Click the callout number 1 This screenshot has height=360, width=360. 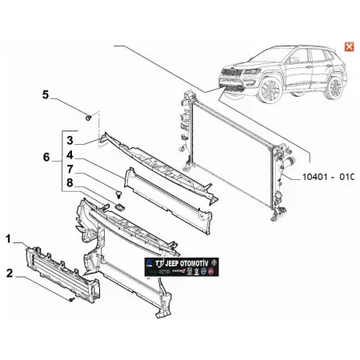9,238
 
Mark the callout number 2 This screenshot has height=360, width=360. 9,273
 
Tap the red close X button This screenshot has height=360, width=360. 349,46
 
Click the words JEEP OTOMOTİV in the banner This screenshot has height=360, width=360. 196,260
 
